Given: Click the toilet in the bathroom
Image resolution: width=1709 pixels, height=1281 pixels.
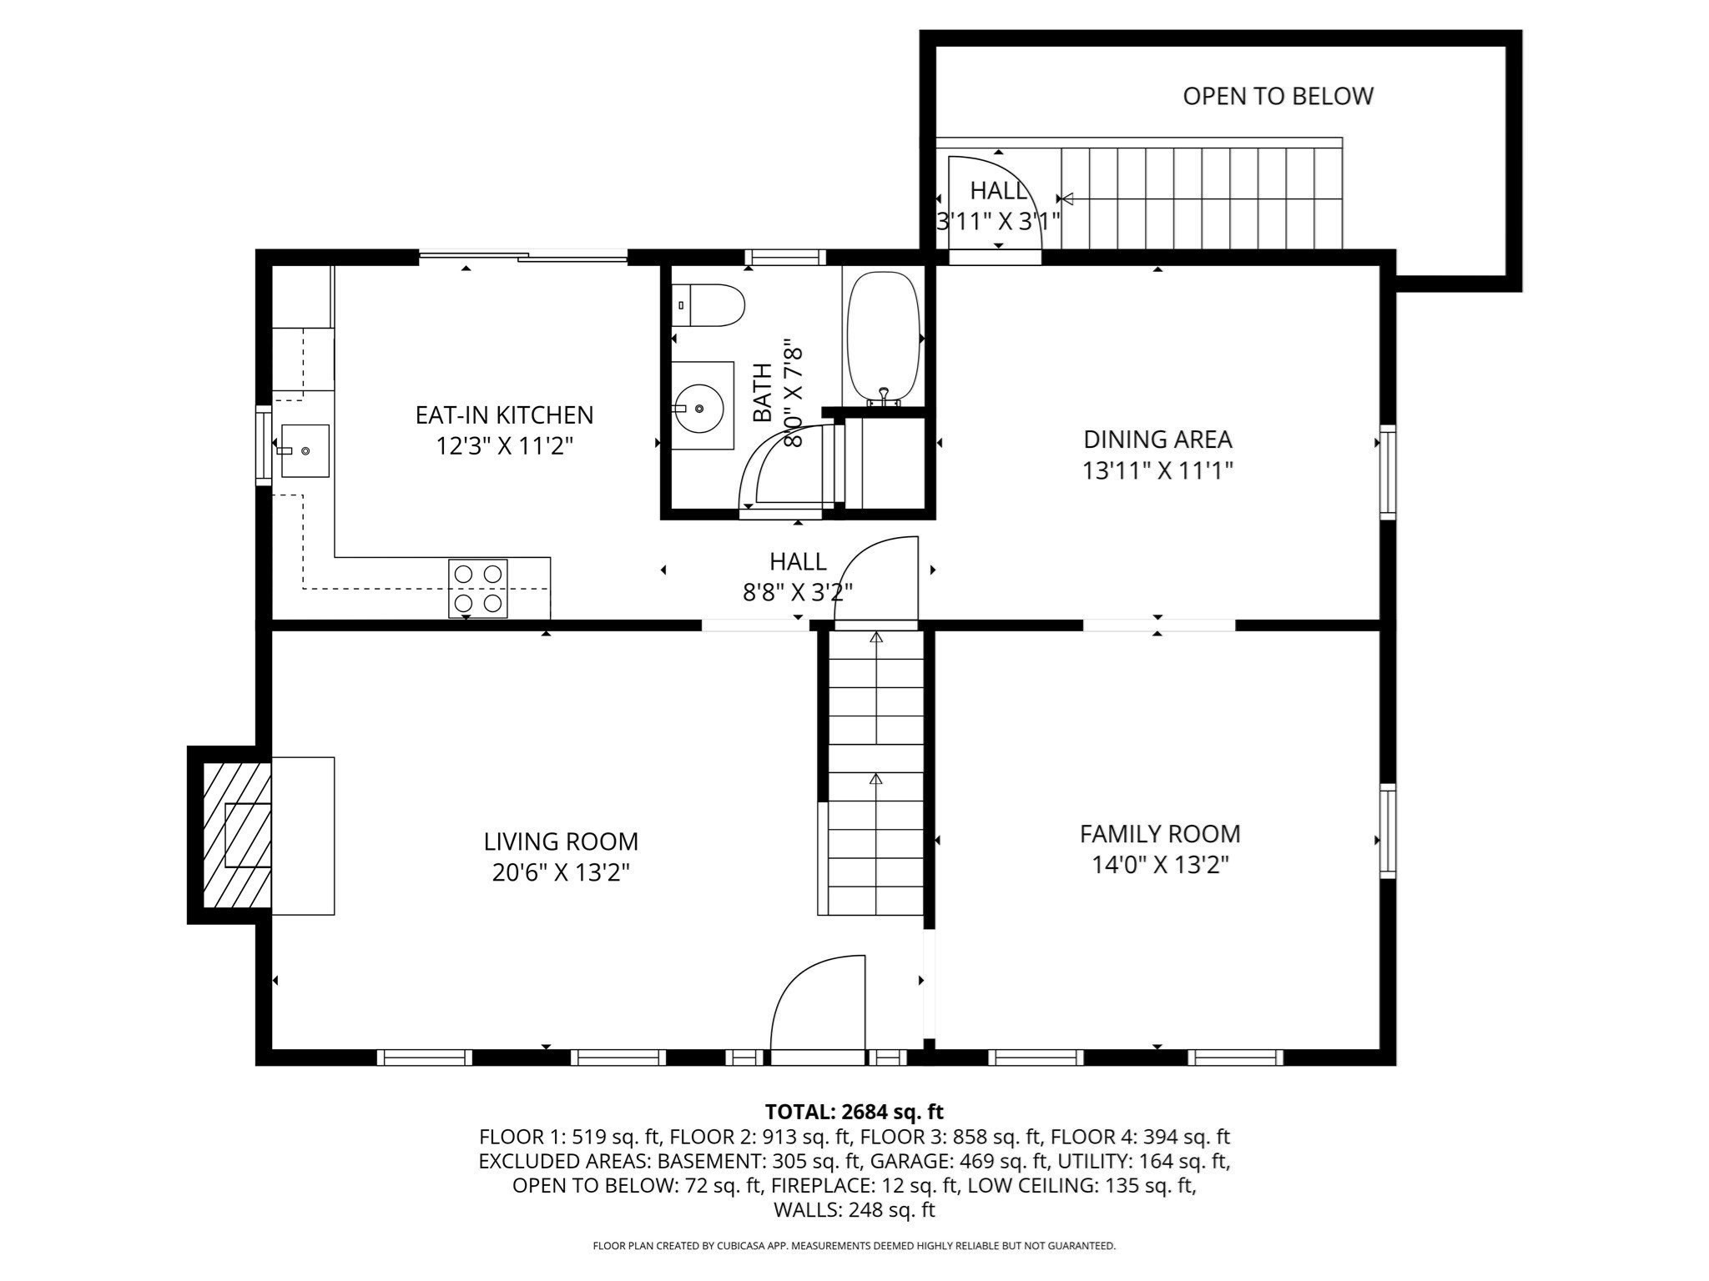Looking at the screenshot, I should coord(708,305).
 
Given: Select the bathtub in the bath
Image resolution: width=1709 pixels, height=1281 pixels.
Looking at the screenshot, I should coord(883,338).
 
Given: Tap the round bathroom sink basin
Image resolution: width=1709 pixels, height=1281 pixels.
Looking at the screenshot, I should coord(699,408).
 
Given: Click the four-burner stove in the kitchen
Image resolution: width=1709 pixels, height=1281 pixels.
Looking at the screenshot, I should coord(478,589).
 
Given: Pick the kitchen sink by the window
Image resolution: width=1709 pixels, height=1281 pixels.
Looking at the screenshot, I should coord(305,450).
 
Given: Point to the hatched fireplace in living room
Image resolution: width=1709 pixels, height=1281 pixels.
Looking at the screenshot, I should coord(237,835).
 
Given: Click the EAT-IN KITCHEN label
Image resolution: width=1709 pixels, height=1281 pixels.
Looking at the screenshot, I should coord(504,414).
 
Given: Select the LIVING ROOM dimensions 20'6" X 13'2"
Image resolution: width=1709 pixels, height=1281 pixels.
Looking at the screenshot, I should coord(561,872).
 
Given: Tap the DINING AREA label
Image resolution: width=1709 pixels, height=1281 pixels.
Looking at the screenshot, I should coord(1157,439).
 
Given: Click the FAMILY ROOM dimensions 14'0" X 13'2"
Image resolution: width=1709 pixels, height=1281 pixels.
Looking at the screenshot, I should coord(1160,865).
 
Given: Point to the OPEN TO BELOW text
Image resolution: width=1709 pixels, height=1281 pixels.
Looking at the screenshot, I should coord(1278,96).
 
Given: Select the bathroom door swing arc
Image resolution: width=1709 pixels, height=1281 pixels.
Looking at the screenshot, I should coord(780,467).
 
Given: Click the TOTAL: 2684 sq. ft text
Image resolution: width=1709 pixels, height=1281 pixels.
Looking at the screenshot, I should coord(854,1112).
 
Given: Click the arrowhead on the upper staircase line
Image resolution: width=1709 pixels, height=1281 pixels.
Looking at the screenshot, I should coord(1066,198).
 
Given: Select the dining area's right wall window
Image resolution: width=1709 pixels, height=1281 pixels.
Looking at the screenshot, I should coord(1387,471).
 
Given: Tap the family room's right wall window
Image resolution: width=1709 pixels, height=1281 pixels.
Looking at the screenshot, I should coord(1387,831).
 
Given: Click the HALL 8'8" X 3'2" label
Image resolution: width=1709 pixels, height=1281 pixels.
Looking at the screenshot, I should coord(798,576).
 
